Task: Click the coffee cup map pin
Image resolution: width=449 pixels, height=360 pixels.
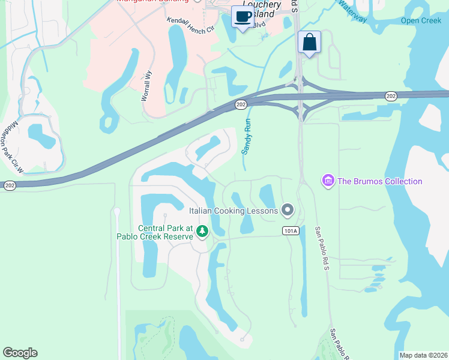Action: (243, 16)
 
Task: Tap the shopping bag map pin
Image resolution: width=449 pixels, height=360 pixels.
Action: (309, 42)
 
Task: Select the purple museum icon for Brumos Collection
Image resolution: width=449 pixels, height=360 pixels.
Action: (328, 181)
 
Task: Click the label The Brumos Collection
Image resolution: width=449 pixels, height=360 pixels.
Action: (379, 181)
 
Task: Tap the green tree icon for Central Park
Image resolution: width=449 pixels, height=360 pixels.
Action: (202, 232)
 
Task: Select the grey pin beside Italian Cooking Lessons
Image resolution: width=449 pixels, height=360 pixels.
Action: (288, 210)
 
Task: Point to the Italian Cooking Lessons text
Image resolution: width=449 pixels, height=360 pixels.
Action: (234, 211)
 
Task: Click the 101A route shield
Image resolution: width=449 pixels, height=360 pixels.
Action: (291, 230)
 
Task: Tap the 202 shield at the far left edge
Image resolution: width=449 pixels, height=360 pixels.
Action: (9, 186)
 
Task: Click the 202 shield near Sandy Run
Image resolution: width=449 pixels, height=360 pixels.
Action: (241, 104)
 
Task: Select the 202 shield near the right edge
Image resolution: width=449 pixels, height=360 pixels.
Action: (391, 96)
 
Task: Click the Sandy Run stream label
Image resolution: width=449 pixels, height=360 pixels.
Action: (246, 136)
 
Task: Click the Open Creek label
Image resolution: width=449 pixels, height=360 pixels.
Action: (421, 20)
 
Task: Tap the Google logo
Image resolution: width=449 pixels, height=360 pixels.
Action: (20, 353)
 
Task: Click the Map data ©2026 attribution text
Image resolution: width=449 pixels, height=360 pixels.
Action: (423, 355)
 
